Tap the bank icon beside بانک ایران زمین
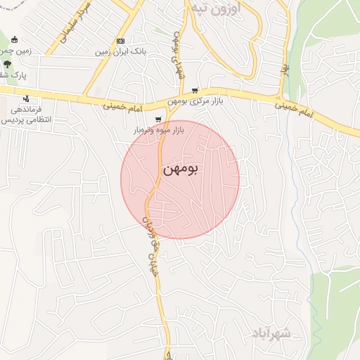click(x=120, y=41)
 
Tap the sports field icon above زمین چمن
click(x=15, y=39)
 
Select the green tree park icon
click(x=7, y=63)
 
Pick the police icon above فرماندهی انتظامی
click(x=25, y=98)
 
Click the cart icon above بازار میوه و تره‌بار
click(x=159, y=119)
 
